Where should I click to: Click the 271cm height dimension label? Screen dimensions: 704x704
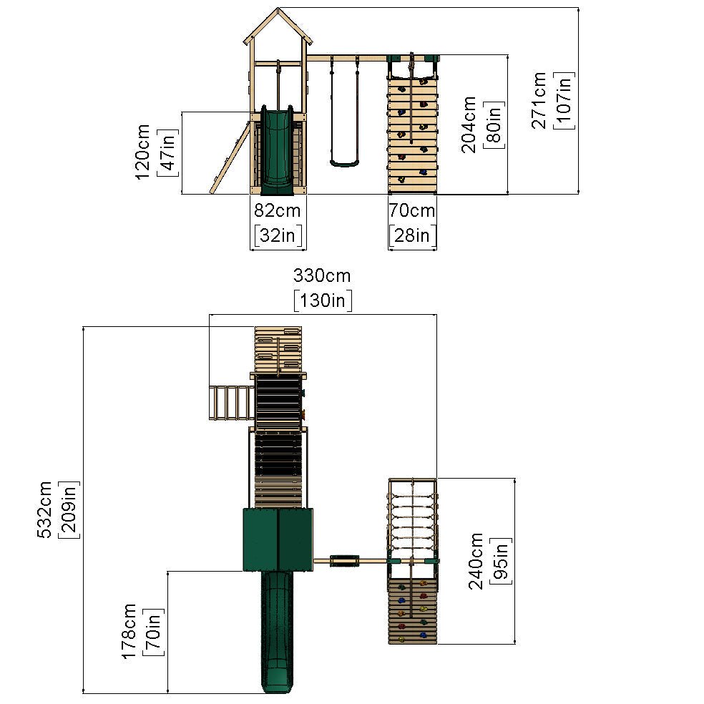(539, 101)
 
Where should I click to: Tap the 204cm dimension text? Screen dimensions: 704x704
(469, 124)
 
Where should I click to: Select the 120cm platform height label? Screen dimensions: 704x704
(142, 152)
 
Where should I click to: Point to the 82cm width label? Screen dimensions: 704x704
(278, 210)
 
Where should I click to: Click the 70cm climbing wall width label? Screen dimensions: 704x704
(411, 210)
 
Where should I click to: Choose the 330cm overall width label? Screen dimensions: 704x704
(322, 275)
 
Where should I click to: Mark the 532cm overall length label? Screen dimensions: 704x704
(44, 509)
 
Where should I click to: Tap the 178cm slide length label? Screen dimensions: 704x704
(128, 632)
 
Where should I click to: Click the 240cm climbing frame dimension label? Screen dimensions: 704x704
(476, 561)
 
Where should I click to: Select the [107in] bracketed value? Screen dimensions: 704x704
(564, 101)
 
